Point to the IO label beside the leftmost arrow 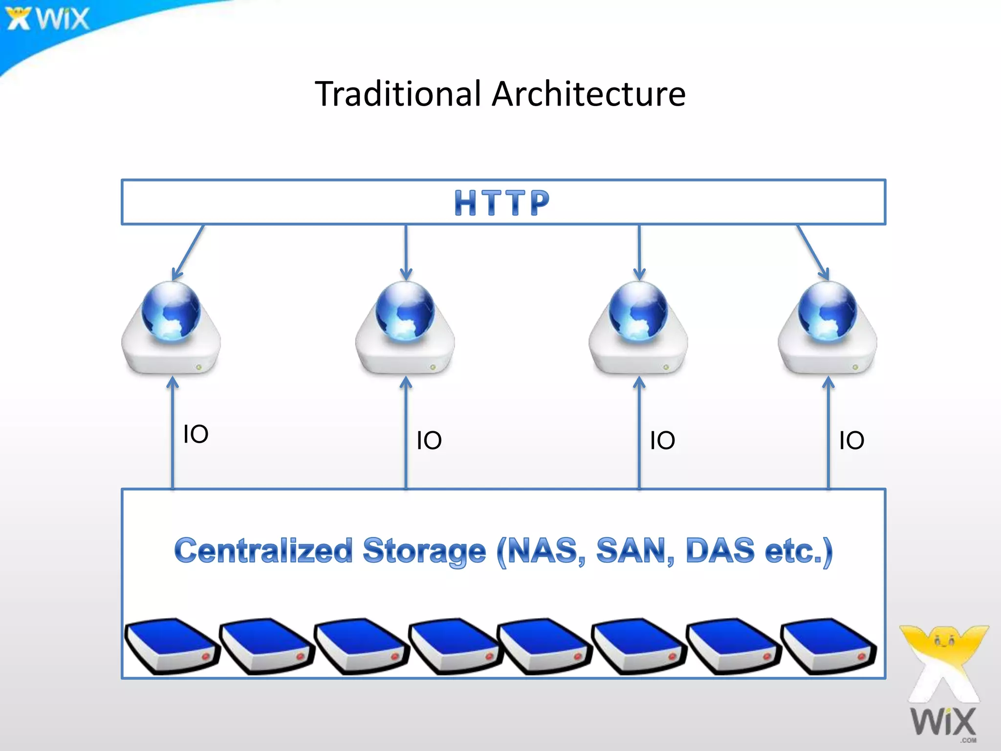click(x=196, y=434)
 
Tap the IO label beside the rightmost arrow click(x=851, y=441)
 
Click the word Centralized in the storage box click(x=263, y=551)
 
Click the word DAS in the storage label click(x=720, y=551)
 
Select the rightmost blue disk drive click(x=828, y=645)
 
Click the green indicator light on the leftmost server click(x=199, y=367)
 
